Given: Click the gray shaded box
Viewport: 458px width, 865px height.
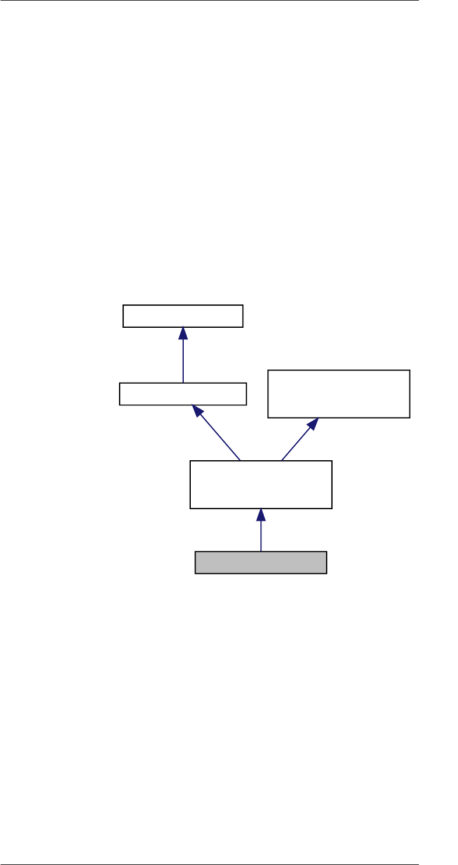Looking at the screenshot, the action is [260, 562].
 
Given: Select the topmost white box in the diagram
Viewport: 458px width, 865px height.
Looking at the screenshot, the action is [183, 316].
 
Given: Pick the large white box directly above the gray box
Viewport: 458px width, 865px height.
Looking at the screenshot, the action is [261, 484].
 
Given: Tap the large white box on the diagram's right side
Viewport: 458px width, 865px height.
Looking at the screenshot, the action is [338, 394].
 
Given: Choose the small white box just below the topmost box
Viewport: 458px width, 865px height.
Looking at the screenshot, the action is [183, 394].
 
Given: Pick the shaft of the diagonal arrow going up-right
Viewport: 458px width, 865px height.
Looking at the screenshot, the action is [296, 443].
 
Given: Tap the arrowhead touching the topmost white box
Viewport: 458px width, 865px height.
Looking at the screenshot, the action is [183, 333].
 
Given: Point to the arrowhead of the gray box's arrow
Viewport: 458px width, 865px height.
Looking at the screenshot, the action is [261, 514].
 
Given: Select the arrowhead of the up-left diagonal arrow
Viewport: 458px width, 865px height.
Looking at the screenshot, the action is [198, 412].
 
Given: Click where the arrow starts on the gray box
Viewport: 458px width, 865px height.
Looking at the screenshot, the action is [261, 551].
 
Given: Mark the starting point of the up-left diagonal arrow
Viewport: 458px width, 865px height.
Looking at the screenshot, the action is [240, 460].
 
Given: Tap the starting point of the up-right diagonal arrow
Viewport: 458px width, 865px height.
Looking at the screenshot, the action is [281, 460].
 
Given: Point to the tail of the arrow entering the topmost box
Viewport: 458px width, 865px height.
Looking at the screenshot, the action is [183, 383].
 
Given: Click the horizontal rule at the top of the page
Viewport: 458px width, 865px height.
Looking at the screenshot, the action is [229, 1].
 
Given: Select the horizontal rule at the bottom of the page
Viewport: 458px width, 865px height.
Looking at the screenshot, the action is [229, 864].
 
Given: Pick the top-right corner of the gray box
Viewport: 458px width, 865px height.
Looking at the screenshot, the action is [326, 551].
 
